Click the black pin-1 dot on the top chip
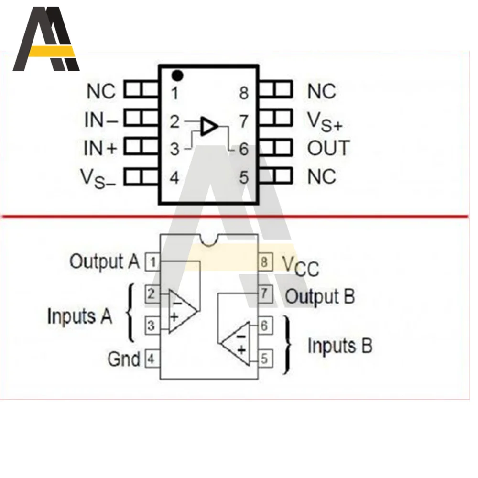[178, 75]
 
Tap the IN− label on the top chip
[101, 120]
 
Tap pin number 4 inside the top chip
[174, 178]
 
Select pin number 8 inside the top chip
[244, 93]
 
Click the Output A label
[105, 261]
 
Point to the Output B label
[320, 296]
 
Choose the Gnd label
[124, 358]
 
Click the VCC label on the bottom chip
[300, 266]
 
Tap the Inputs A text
[79, 316]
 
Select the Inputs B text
[339, 346]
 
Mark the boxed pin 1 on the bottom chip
[152, 262]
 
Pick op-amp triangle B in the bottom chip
[236, 343]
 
